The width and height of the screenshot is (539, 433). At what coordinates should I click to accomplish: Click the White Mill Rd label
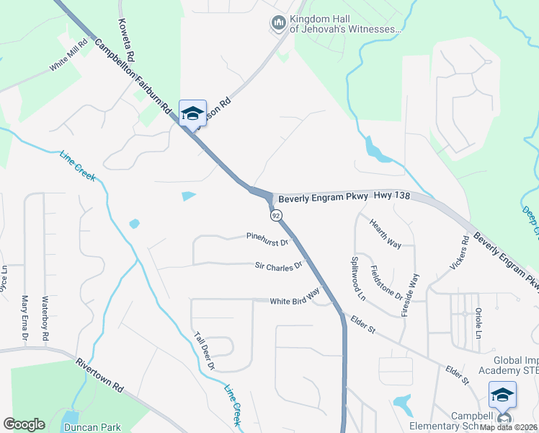[x=68, y=56]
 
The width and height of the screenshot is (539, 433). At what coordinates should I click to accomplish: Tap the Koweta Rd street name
[x=128, y=40]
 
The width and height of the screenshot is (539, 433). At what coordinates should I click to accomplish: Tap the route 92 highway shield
[x=275, y=215]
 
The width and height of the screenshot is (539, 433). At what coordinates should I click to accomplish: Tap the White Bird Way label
[x=295, y=297]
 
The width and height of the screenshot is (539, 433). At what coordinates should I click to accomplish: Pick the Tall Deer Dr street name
[x=205, y=351]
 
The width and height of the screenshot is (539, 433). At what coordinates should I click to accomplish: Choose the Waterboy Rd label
[x=45, y=318]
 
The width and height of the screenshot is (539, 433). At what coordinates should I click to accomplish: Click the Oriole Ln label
[x=478, y=324]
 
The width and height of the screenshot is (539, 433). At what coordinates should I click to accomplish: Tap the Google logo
[x=24, y=424]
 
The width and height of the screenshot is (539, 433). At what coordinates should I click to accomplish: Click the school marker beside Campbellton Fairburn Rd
[x=192, y=114]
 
